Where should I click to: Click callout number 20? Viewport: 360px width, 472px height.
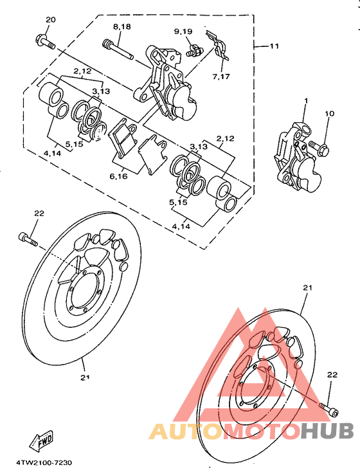51,19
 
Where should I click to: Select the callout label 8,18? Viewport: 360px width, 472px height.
122,26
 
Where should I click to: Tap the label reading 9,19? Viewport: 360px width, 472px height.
183,32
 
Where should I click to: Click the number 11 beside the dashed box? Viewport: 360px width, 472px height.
274,46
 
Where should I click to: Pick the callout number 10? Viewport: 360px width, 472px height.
329,114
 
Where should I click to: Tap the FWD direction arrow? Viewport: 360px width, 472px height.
42,442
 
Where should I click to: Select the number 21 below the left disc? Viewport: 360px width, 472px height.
84,378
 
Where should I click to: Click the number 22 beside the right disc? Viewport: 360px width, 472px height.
332,374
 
